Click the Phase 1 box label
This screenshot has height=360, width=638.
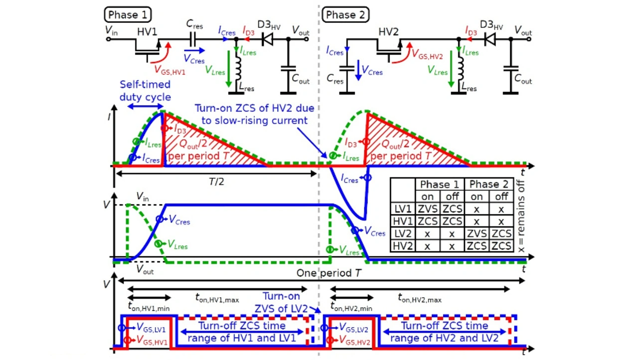click(128, 14)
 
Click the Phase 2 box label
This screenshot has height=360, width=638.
click(345, 14)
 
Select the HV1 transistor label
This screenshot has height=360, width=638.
click(148, 32)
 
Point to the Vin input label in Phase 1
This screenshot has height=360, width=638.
click(112, 30)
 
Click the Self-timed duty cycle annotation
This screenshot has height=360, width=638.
click(145, 91)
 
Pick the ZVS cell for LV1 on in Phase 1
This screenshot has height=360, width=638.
click(428, 208)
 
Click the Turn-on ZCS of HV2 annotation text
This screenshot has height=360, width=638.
click(257, 114)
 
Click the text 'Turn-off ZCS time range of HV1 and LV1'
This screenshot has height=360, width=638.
click(242, 332)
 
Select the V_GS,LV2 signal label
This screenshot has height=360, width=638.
click(353, 328)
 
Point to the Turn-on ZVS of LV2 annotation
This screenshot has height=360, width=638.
click(282, 302)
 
